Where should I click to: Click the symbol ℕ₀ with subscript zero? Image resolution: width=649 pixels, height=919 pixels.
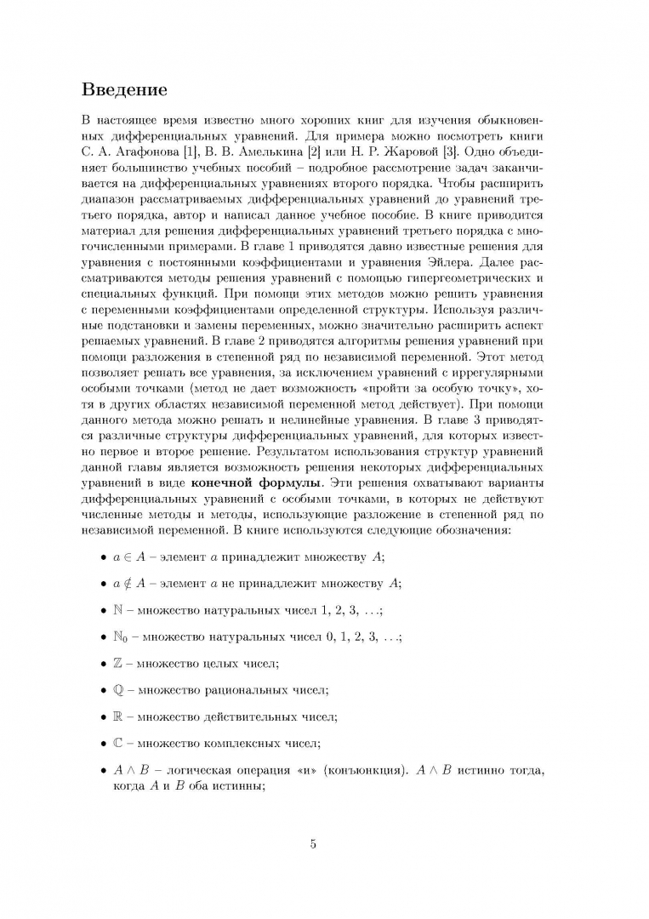pyautogui.click(x=122, y=636)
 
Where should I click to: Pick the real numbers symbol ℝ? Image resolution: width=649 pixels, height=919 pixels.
pyautogui.click(x=118, y=716)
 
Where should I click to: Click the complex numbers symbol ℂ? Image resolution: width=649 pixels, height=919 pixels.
pyautogui.click(x=118, y=742)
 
